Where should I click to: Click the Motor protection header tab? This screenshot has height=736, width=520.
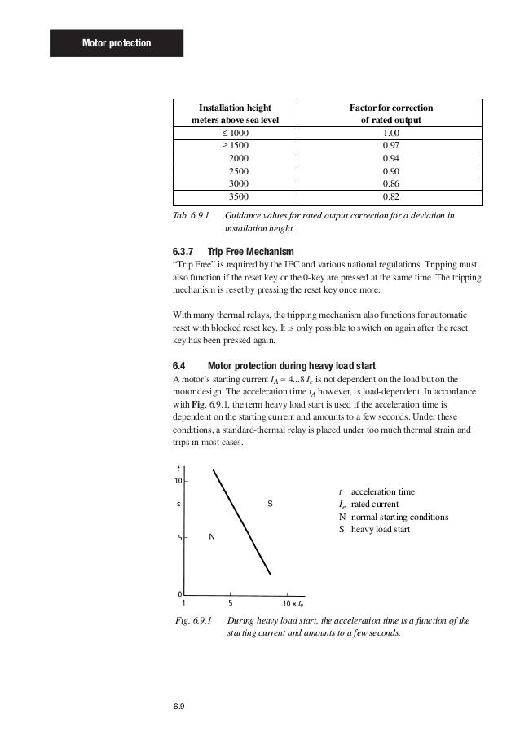(x=116, y=42)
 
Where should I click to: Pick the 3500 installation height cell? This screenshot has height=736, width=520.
(x=240, y=196)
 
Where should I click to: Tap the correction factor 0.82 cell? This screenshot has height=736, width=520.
(x=391, y=196)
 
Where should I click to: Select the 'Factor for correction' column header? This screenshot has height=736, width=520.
(x=391, y=113)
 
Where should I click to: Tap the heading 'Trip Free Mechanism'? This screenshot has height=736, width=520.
(x=251, y=251)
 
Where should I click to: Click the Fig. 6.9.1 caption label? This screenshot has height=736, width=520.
(x=195, y=620)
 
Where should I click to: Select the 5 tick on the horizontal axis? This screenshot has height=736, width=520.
(x=231, y=604)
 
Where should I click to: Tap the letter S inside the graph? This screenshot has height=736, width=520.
(x=270, y=505)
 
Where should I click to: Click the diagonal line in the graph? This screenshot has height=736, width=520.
(x=242, y=522)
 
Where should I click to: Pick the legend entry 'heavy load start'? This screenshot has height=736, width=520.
(x=380, y=529)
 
